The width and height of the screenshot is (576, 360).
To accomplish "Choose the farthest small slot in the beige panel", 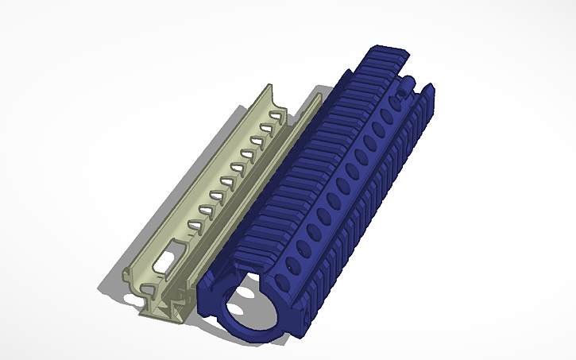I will [x=274, y=117].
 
